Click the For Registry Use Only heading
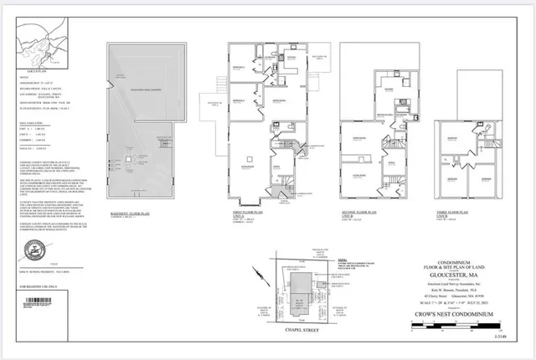pos(33,285)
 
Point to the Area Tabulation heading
pos(33,121)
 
